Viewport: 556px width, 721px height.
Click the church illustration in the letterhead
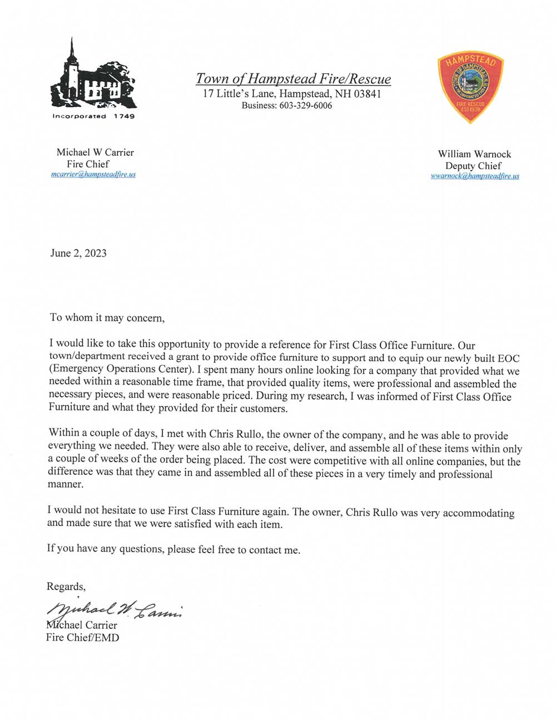[93, 76]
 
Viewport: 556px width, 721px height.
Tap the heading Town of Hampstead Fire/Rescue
[293, 79]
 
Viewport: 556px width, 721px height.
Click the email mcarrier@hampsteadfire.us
[93, 174]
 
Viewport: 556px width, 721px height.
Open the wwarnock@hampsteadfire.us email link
[475, 176]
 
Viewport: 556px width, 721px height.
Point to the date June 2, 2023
[78, 253]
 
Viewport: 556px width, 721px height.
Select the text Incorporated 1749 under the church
[93, 116]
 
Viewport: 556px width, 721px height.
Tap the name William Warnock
[474, 154]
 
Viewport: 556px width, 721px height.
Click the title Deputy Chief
[473, 166]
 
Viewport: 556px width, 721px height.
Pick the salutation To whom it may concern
[107, 318]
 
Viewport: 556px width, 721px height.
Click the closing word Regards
[66, 587]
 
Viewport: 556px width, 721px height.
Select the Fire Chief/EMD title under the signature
[82, 637]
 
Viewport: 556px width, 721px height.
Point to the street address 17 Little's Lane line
[292, 94]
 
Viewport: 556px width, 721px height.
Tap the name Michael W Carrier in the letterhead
[95, 152]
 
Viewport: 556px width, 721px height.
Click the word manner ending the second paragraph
[65, 484]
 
